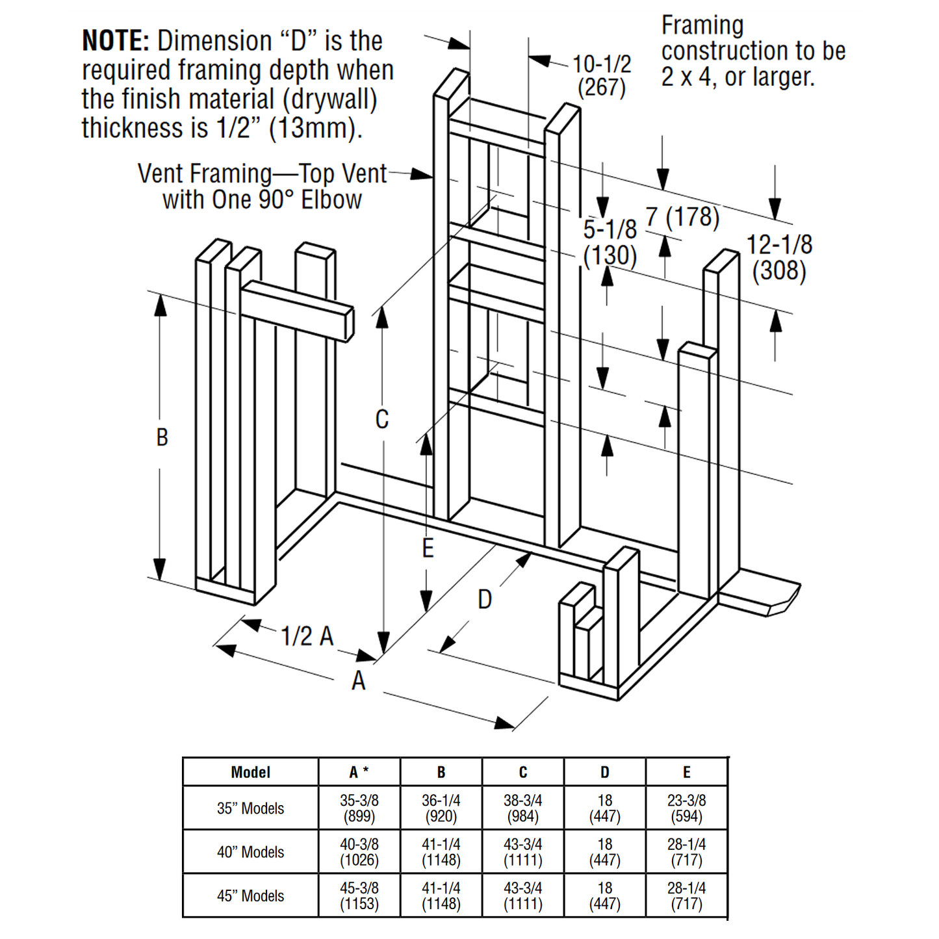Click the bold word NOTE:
tap(116, 41)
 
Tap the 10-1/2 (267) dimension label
tap(601, 75)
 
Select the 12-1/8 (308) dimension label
tap(778, 257)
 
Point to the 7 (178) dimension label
tap(682, 217)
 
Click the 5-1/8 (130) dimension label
tap(610, 242)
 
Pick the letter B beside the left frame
tap(162, 437)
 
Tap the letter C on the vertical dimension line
tap(382, 419)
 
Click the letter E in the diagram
tap(427, 548)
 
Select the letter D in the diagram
tap(485, 599)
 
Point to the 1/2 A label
tap(307, 636)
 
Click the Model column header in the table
tap(250, 772)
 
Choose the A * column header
tap(359, 772)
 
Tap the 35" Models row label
tap(250, 808)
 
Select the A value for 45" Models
tap(359, 895)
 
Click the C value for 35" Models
tap(522, 808)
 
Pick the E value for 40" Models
tap(686, 852)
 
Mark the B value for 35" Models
tap(441, 808)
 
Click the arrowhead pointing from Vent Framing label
tap(422, 174)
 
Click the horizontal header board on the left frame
tap(298, 311)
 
